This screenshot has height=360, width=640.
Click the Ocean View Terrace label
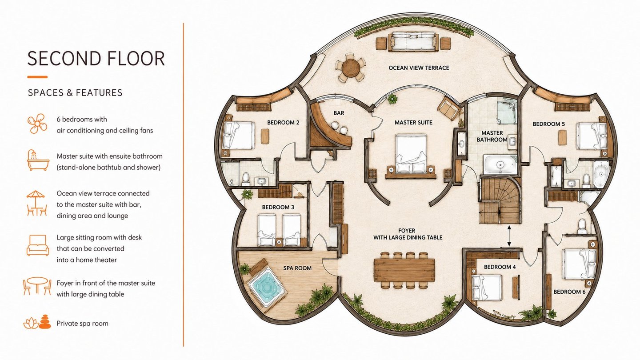point(419,68)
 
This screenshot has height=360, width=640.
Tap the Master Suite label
point(413,123)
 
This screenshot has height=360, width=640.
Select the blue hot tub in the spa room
point(267,287)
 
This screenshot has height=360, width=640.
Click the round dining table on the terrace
point(351,68)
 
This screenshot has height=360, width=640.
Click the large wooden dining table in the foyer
point(404,270)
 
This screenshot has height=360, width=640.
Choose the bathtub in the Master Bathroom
point(500,164)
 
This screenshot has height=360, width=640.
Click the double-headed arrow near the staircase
point(509,236)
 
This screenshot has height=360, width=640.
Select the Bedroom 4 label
point(500,267)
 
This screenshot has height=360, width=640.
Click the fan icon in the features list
point(37,124)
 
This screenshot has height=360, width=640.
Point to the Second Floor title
point(96,59)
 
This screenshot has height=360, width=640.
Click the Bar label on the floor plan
point(339,113)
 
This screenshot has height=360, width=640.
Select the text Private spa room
point(82,324)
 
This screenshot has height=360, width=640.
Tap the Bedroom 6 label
point(569,292)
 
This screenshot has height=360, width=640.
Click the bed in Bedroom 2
point(239,136)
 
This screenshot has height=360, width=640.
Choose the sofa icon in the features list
point(38,245)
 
